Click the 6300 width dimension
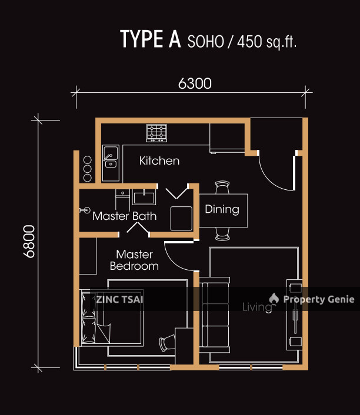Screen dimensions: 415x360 [x=195, y=84]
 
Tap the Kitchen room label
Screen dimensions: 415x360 [x=159, y=160]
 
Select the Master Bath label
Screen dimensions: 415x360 [x=124, y=216]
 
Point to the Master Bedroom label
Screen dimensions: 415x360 [x=134, y=260]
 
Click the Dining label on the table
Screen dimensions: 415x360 [x=222, y=209]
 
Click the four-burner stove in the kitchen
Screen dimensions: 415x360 [x=156, y=133]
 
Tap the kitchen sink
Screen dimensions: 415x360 [x=110, y=156]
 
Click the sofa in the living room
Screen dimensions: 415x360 [x=215, y=314]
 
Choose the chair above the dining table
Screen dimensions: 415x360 [x=222, y=187]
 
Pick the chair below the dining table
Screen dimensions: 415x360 [x=222, y=234]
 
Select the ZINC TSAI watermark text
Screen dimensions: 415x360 [x=121, y=299]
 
